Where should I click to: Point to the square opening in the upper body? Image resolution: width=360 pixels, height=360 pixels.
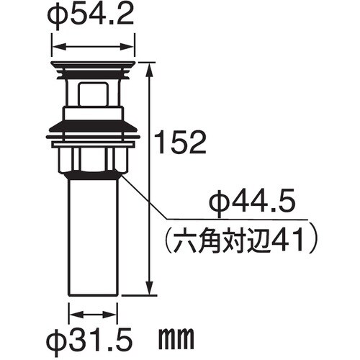[91, 93]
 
